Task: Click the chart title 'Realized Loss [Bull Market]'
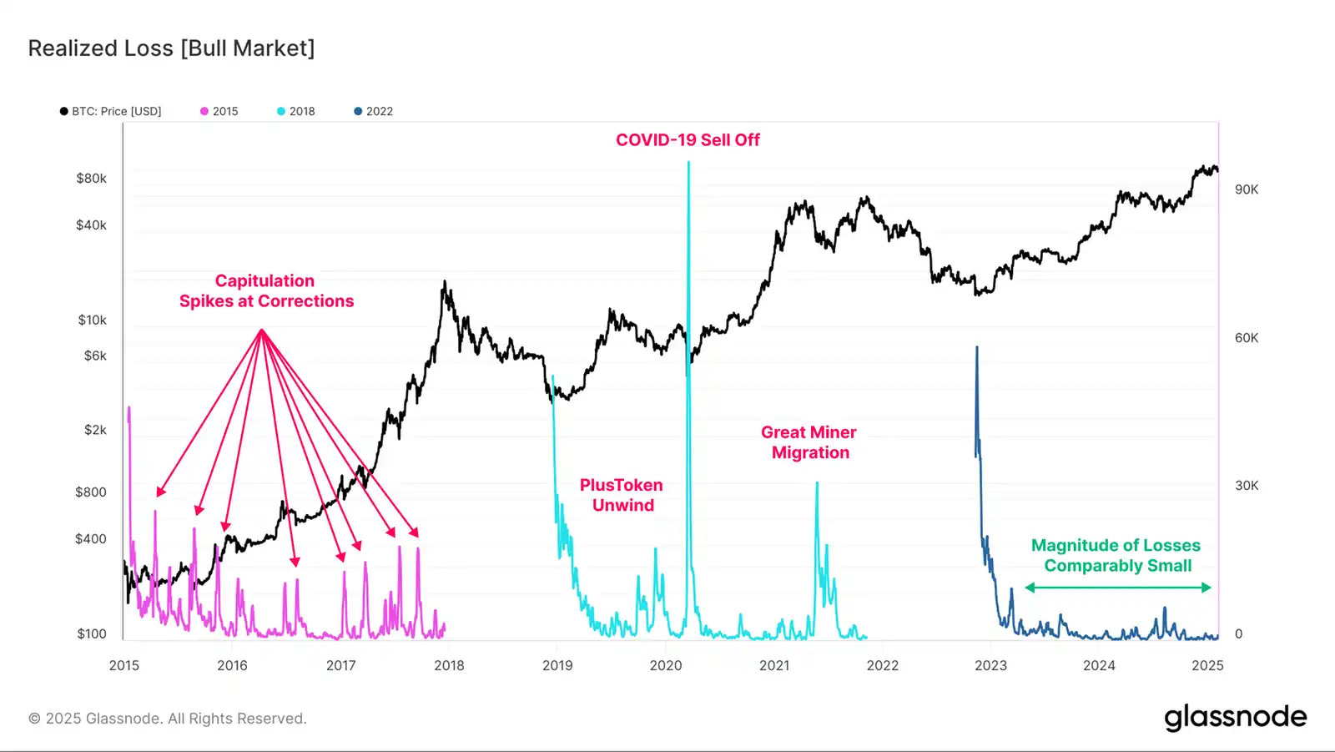[x=171, y=48]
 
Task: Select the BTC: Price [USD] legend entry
[x=111, y=111]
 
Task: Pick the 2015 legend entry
[x=219, y=111]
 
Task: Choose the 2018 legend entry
[x=296, y=111]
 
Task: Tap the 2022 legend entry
[x=374, y=111]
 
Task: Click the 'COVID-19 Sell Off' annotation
[x=688, y=140]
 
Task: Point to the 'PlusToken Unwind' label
[x=622, y=495]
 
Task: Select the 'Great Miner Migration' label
[x=809, y=442]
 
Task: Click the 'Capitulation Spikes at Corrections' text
[x=266, y=291]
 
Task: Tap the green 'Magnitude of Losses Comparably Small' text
[x=1116, y=555]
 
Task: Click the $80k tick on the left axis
[x=91, y=179]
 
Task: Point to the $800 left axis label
[x=91, y=492]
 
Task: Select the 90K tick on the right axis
[x=1247, y=189]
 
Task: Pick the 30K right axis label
[x=1247, y=486]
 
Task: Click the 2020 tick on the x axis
[x=666, y=665]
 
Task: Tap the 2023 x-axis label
[x=990, y=665]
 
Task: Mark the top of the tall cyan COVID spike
[x=688, y=163]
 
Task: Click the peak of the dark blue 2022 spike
[x=977, y=347]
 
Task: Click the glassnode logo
[x=1235, y=718]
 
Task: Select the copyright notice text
[x=168, y=719]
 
